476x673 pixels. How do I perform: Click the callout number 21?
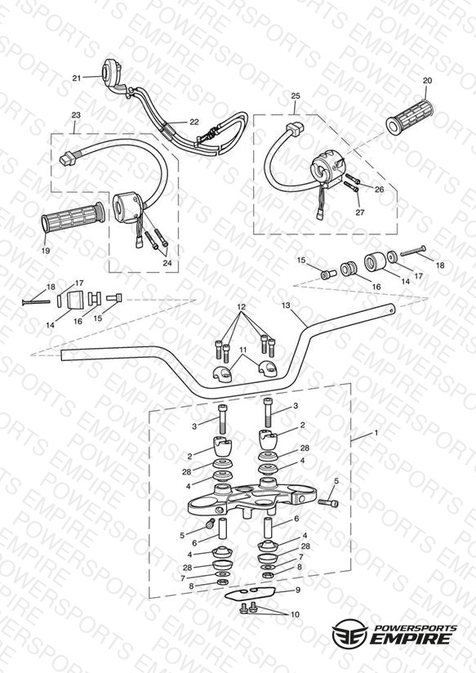click(77, 78)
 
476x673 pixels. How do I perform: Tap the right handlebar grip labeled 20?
click(410, 115)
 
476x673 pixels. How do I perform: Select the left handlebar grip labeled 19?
click(73, 218)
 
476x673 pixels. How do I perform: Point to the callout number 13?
click(286, 305)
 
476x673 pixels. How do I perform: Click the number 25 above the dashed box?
click(296, 96)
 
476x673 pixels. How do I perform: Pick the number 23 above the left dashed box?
click(76, 115)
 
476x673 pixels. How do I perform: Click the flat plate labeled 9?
click(249, 594)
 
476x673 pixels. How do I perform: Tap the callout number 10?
click(295, 615)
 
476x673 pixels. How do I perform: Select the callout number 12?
click(241, 306)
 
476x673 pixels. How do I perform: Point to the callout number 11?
click(243, 350)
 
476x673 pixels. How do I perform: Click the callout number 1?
click(376, 433)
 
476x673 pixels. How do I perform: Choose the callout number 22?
click(194, 122)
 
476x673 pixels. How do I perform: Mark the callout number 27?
click(360, 212)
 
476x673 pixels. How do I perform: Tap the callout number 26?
click(380, 189)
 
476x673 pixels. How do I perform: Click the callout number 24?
click(167, 263)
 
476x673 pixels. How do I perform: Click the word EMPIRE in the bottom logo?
click(411, 638)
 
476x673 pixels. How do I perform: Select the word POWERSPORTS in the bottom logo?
click(416, 628)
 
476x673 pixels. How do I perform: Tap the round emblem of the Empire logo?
click(349, 633)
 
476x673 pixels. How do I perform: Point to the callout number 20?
click(428, 80)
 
